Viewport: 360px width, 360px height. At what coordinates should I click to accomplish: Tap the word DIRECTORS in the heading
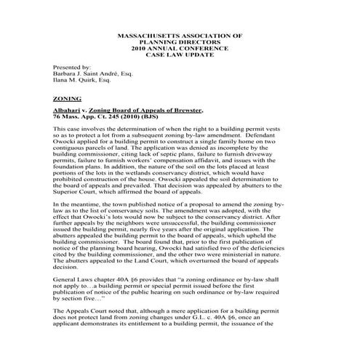pos(191,42)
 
